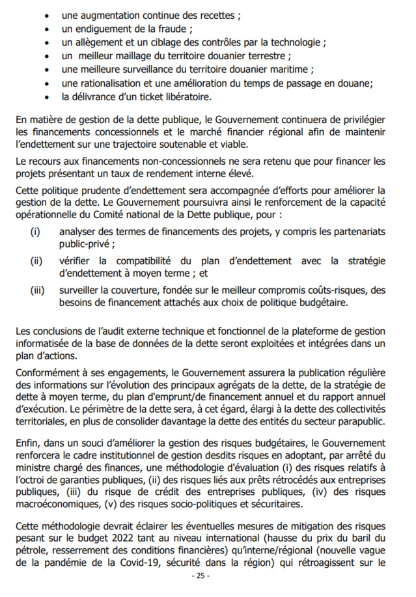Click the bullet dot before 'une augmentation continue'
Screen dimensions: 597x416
pos(49,15)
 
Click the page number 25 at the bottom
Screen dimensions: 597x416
pos(201,577)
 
